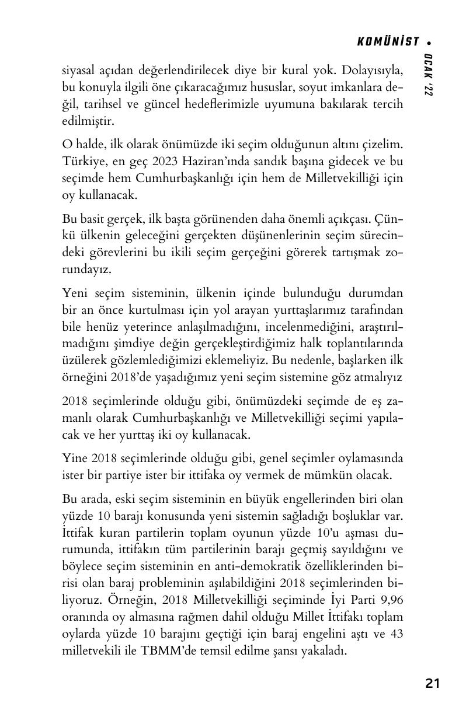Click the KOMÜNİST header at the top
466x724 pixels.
pos(388,41)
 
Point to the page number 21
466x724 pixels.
pos(433,683)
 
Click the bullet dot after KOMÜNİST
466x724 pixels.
pos(429,42)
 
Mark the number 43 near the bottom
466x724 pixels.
pos(397,634)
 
